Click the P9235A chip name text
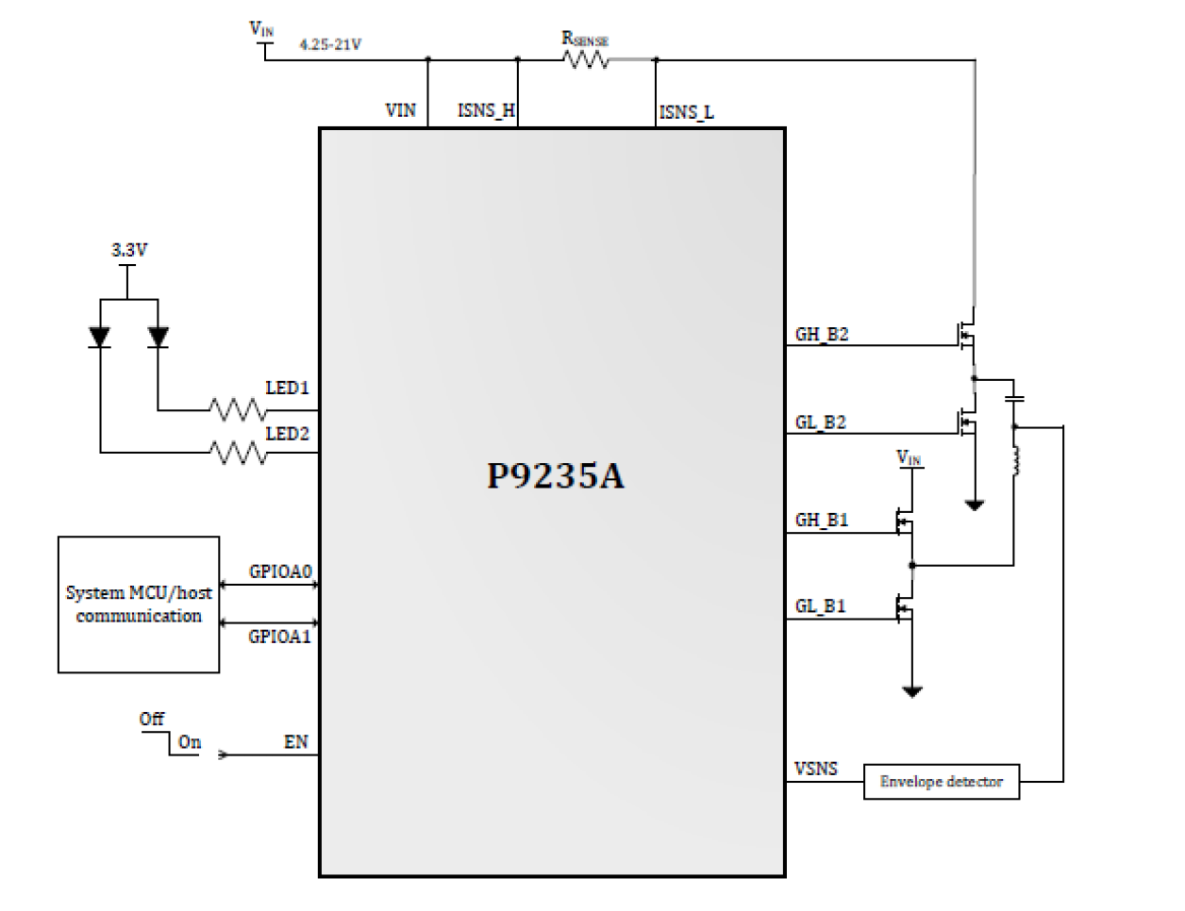point(555,476)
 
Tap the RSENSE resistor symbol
point(586,59)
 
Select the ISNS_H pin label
point(486,110)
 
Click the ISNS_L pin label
point(686,112)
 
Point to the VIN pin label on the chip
point(400,110)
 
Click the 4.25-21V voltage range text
point(329,44)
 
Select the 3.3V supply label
point(129,250)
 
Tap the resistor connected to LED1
point(237,410)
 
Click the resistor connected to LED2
point(237,453)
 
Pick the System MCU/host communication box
point(139,605)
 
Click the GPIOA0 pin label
point(279,571)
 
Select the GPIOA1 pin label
point(279,637)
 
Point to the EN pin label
point(295,742)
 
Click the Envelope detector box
point(941,782)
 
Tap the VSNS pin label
point(815,769)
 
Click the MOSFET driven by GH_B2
point(964,335)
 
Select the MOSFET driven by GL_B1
point(903,610)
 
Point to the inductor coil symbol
point(1015,459)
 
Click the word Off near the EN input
point(151,719)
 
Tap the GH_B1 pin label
point(821,520)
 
